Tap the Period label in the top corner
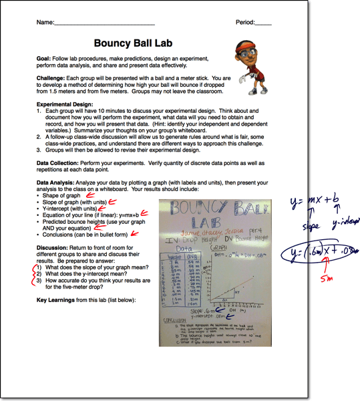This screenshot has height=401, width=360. (x=246, y=22)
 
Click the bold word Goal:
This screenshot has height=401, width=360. (x=45, y=59)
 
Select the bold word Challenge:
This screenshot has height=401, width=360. (x=53, y=77)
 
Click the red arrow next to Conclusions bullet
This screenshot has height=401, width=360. (x=136, y=233)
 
